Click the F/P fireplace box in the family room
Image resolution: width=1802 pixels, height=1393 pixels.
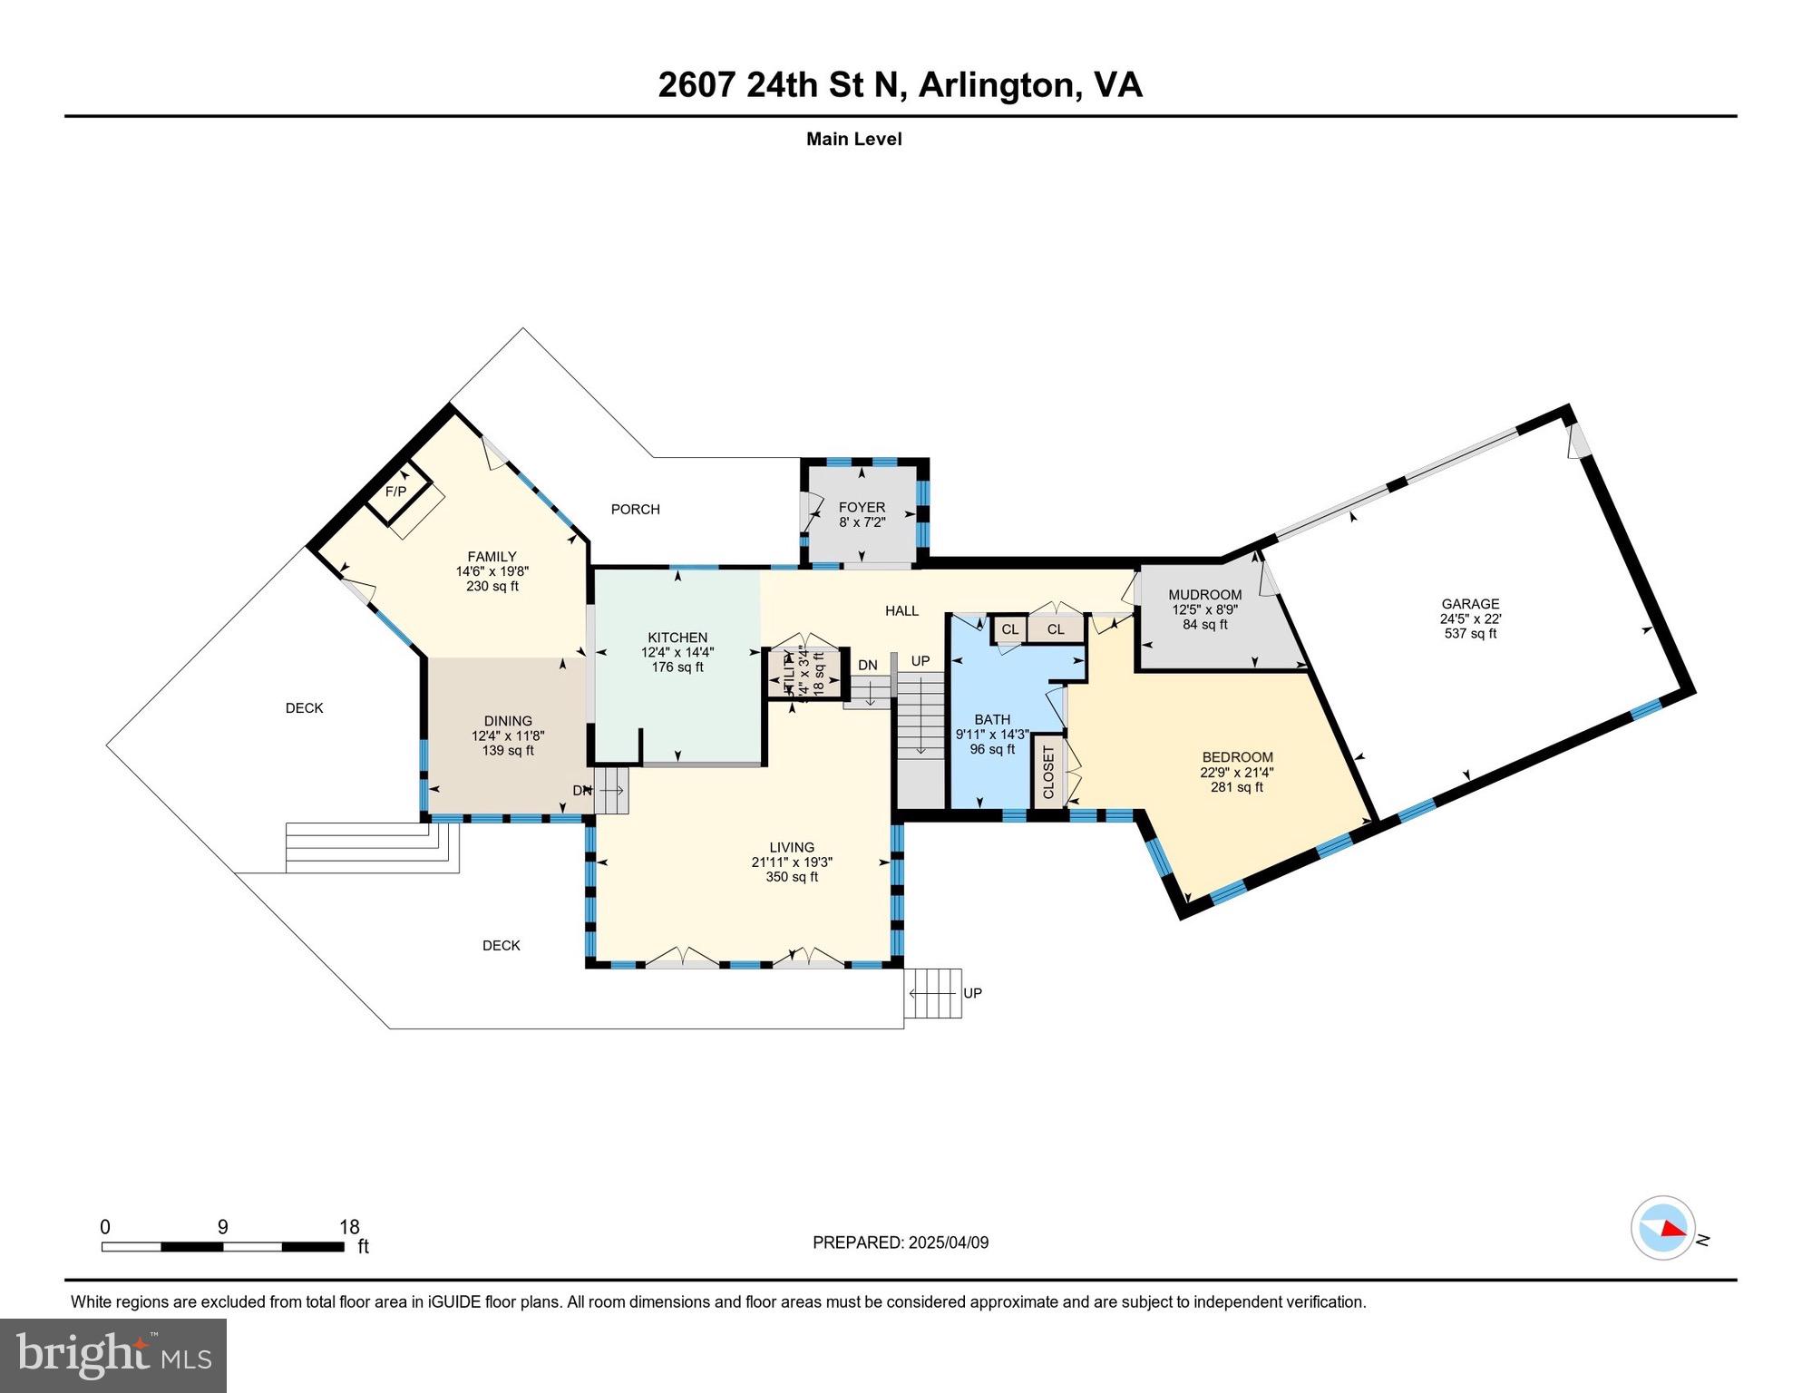(396, 492)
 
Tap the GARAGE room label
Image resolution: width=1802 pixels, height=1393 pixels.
(1470, 604)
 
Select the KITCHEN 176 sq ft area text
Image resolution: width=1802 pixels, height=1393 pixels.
(677, 667)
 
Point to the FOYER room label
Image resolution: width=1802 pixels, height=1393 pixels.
(862, 508)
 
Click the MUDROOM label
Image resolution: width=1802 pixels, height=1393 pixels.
(1204, 596)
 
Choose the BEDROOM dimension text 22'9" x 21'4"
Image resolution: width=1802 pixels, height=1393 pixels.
(1237, 773)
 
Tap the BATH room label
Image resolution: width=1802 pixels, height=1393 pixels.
(992, 720)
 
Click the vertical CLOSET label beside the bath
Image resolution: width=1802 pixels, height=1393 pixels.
(1049, 772)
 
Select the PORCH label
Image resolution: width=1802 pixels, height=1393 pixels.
(635, 510)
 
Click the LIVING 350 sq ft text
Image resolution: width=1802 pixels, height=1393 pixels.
(792, 877)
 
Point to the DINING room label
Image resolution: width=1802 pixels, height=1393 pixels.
(508, 722)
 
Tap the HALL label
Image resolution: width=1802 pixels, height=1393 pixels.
(901, 611)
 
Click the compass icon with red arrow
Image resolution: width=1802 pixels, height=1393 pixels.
(1662, 1228)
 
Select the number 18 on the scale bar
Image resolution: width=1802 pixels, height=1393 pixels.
(349, 1227)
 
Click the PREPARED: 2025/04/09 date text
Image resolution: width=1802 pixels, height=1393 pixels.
(901, 1242)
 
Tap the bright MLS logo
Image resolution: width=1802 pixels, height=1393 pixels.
(113, 1355)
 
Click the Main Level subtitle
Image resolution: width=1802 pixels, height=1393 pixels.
(853, 140)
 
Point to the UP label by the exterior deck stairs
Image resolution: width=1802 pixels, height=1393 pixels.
(972, 993)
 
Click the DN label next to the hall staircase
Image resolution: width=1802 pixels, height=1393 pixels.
(867, 666)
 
